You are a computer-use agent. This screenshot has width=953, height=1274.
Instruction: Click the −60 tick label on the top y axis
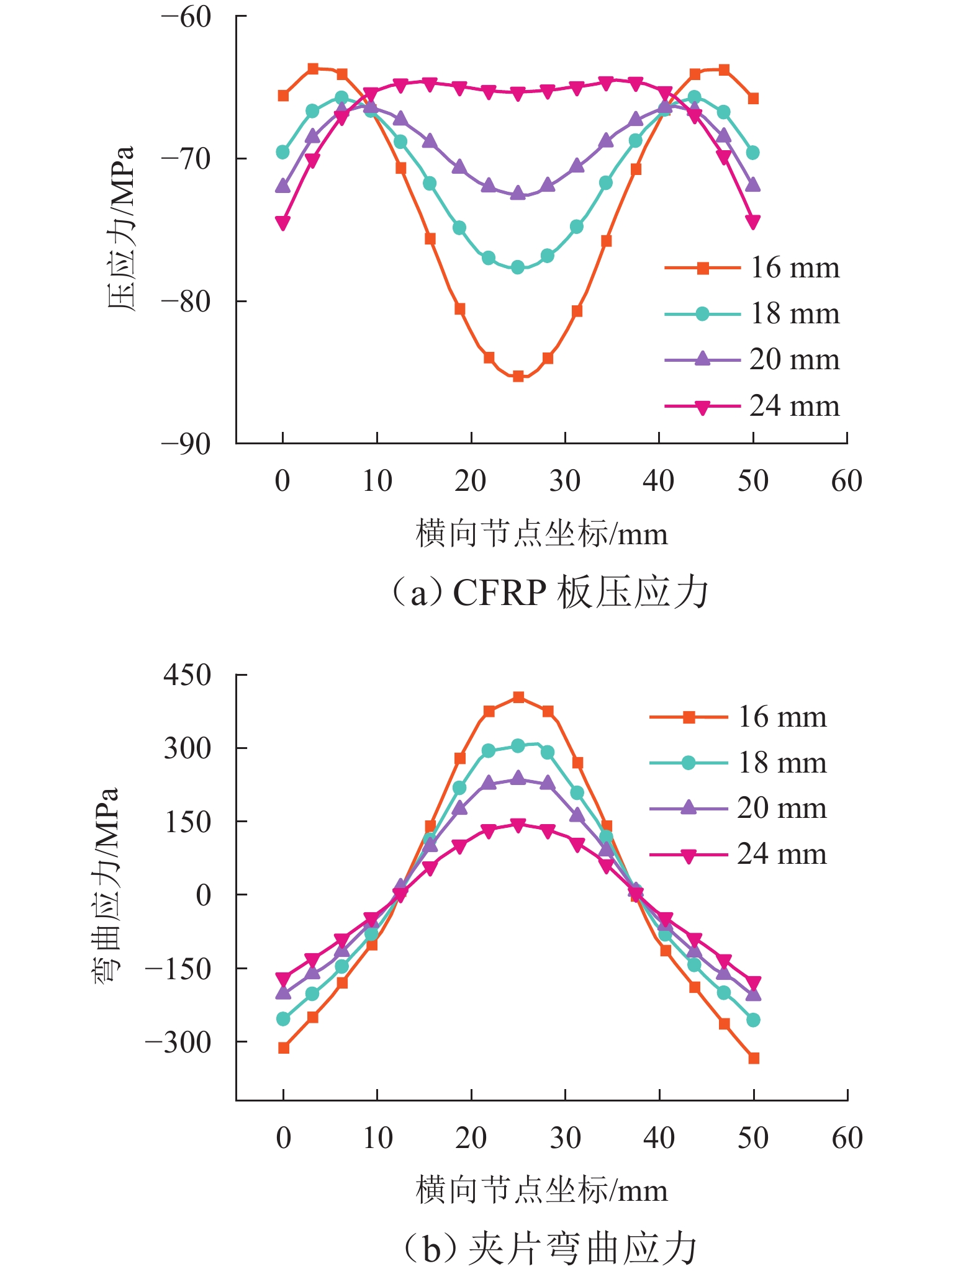(186, 17)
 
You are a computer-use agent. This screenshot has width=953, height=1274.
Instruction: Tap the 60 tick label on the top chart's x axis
(847, 482)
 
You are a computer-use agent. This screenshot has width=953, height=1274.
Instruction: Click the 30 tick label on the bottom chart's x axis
(565, 1137)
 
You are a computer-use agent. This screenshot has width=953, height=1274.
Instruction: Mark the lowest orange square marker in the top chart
(518, 376)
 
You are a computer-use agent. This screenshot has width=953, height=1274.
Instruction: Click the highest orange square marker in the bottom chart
(518, 698)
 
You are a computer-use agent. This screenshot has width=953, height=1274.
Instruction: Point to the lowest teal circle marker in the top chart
(518, 267)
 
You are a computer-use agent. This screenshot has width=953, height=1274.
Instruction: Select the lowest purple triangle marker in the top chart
(518, 194)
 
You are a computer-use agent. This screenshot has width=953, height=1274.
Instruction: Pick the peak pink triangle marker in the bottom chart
(518, 825)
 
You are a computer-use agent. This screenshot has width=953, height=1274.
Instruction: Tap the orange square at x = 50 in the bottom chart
(754, 1058)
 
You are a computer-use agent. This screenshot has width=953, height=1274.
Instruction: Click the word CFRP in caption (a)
(500, 593)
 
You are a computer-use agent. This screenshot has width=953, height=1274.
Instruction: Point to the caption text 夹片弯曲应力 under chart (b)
(582, 1249)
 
